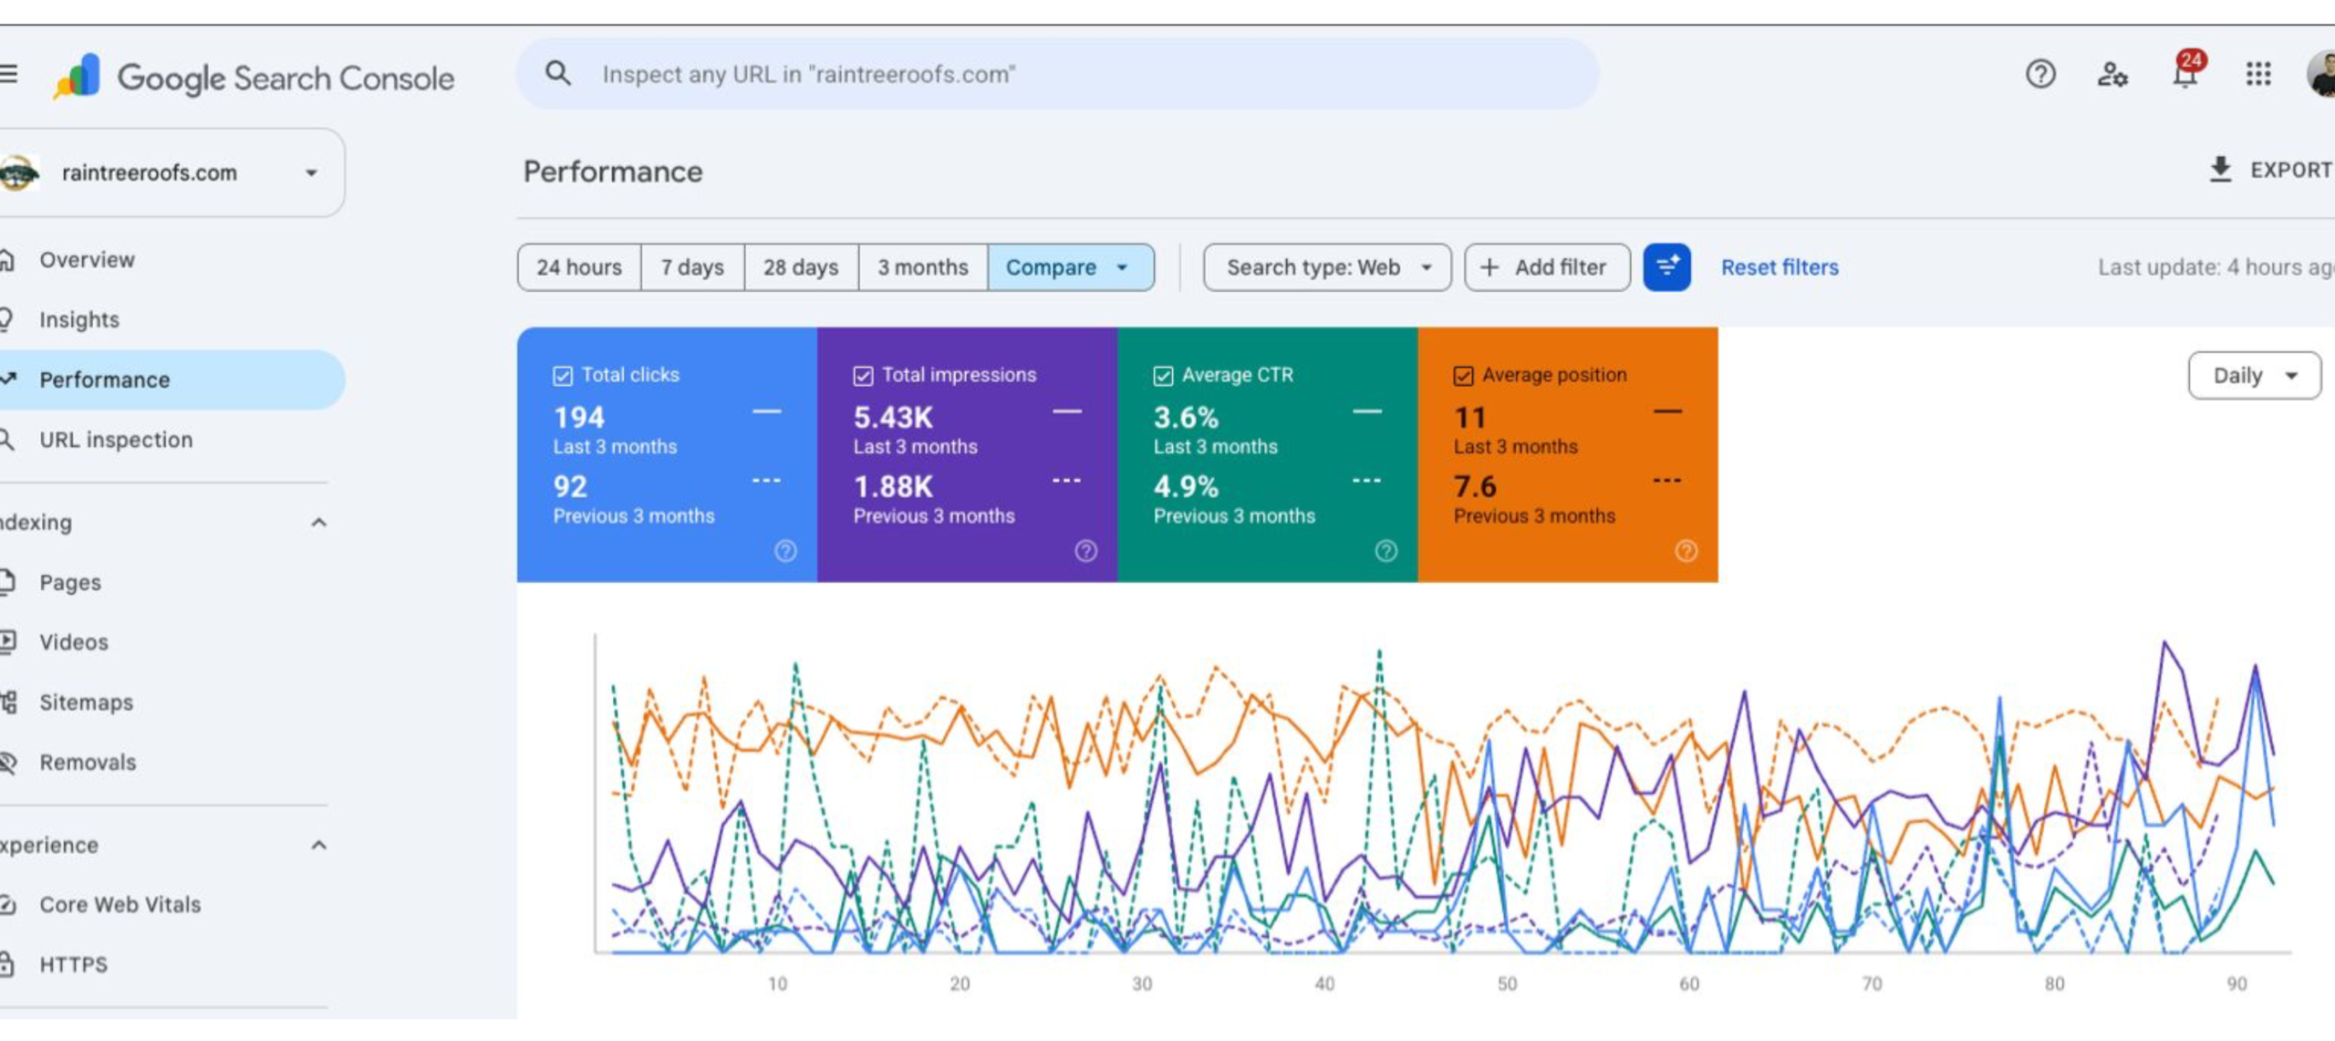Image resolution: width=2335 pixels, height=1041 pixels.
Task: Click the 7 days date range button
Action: point(692,267)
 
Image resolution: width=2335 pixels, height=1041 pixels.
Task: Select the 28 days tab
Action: point(801,267)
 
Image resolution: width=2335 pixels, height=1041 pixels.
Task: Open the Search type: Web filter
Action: point(1327,267)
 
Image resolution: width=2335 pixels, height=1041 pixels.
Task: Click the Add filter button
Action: point(1547,267)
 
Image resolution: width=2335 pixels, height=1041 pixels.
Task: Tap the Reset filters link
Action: point(1780,267)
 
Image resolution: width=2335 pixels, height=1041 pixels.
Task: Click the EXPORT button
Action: point(2270,170)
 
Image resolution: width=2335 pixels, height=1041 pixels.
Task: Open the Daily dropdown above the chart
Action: point(2254,376)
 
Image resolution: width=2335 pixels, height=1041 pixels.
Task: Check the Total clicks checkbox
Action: point(563,376)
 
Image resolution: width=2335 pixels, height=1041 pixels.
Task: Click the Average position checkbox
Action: point(1463,376)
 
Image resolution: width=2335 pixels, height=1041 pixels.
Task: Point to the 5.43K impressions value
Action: point(893,418)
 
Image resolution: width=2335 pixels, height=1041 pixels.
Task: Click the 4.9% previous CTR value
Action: point(1186,487)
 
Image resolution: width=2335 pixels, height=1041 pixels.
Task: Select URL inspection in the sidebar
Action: point(116,440)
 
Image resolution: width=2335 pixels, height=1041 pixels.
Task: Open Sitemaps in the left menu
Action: point(86,703)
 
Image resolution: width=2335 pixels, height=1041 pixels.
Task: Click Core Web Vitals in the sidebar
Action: point(119,904)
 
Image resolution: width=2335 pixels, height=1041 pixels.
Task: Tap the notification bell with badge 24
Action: point(2185,72)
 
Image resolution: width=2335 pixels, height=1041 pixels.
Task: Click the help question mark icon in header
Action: point(2040,74)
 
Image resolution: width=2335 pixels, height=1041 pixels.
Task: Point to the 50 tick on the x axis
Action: point(1507,984)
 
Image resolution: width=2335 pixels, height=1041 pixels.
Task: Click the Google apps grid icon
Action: point(2258,74)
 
